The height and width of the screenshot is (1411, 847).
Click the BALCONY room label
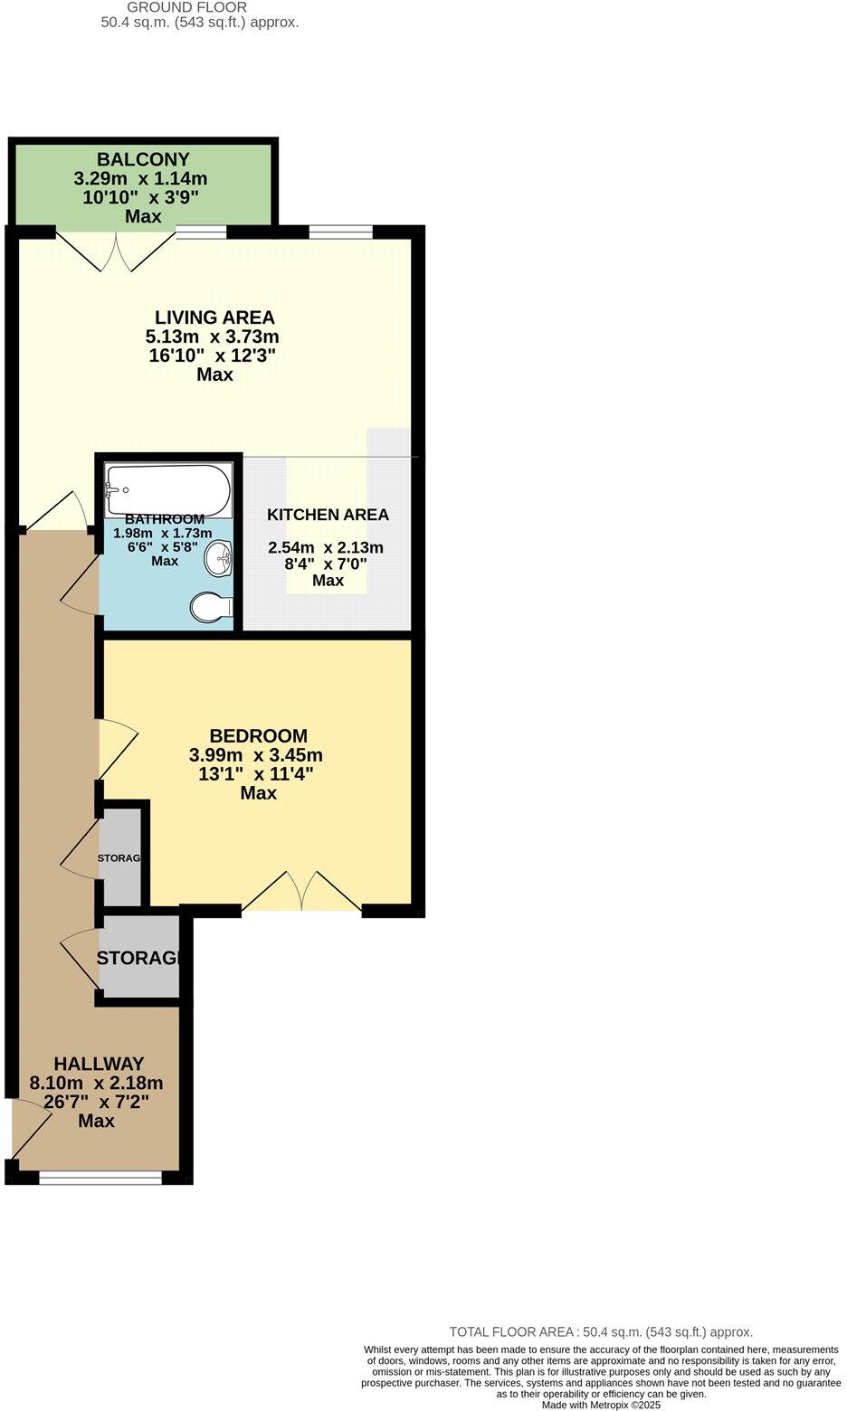tap(143, 160)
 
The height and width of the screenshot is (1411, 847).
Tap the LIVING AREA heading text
tap(214, 317)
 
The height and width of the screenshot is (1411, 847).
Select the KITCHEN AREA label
tap(328, 515)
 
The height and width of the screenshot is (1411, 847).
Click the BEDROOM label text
tap(258, 736)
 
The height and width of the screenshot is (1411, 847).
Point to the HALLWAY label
tap(99, 1064)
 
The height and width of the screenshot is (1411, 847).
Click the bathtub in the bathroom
tap(169, 490)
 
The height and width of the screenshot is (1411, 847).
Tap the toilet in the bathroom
tap(211, 608)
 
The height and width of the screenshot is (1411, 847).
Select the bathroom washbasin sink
tap(219, 559)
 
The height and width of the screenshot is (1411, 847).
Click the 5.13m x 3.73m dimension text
tap(213, 336)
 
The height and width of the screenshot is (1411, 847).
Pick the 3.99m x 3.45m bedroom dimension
tap(256, 755)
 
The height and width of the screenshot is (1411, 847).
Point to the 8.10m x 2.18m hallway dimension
tap(97, 1083)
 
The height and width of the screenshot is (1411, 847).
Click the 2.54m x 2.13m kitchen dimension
tap(326, 547)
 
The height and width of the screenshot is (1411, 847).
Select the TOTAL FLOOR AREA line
tap(601, 1331)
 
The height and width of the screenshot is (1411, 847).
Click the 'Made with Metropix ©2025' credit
tap(601, 1405)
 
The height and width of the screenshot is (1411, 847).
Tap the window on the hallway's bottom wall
tap(100, 1177)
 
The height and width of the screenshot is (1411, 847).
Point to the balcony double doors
tap(116, 251)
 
